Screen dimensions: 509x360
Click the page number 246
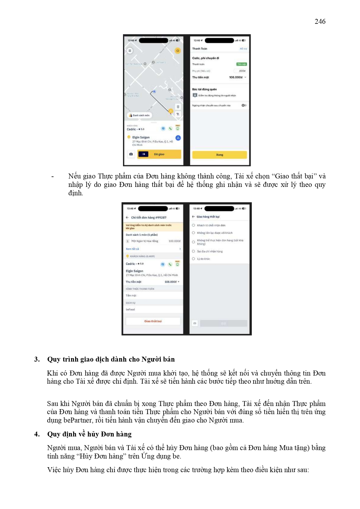point(320,21)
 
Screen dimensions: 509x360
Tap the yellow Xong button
point(219,155)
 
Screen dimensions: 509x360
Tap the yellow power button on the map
point(178,50)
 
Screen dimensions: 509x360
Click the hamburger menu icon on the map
point(130,50)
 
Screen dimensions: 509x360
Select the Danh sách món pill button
point(139,115)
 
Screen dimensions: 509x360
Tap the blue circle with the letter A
point(178,138)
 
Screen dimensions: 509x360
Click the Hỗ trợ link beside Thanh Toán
point(243,49)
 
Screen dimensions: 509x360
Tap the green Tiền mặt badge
point(241,64)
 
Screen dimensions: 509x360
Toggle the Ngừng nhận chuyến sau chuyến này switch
point(244,105)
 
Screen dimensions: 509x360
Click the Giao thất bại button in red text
point(153,321)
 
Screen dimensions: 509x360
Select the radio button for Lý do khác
point(193,259)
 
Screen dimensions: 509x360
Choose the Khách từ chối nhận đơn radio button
point(193,225)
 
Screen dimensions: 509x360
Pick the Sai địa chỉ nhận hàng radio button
point(193,251)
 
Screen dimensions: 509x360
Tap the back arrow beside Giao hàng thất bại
point(193,216)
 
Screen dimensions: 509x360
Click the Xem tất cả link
point(132,249)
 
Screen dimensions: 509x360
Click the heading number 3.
point(37,359)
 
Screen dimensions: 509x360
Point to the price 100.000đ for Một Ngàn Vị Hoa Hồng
point(174,241)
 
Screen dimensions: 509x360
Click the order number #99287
point(161,217)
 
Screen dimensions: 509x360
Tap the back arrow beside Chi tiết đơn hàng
point(127,217)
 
